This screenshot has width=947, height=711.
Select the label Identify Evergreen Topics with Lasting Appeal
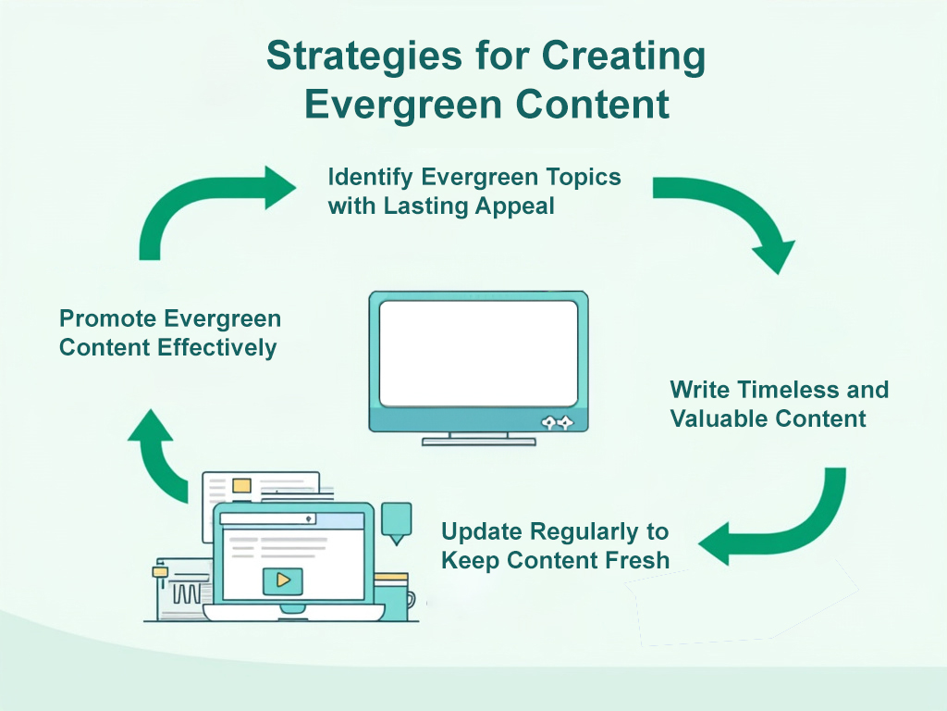point(473,191)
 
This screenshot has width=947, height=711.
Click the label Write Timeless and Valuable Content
point(779,404)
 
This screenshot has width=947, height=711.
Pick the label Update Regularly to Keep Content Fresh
point(555,546)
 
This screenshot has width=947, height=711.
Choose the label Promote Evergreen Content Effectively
point(170,333)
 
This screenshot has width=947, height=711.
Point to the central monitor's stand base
point(478,442)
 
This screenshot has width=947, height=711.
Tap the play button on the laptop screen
point(283,580)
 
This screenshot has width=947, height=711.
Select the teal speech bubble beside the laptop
point(397,520)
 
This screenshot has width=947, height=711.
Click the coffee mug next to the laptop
point(393,592)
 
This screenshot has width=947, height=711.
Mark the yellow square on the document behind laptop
point(241,485)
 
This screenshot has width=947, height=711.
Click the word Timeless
point(757,390)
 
